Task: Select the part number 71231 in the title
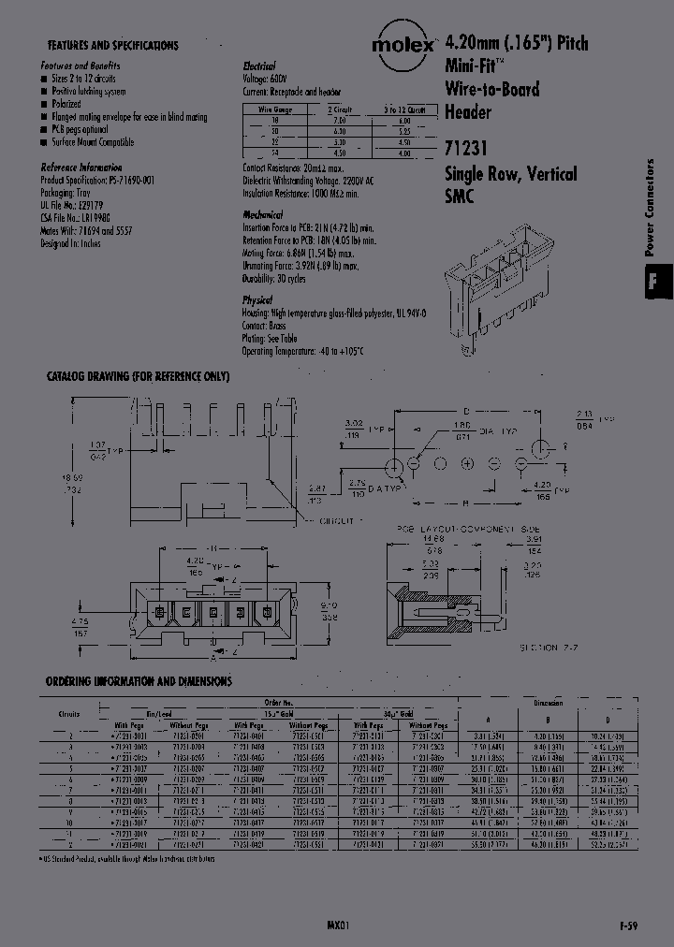(465, 148)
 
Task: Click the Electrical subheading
(259, 67)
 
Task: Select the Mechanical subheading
(263, 215)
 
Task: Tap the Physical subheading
(257, 300)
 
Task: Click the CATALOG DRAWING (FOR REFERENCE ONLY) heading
(138, 376)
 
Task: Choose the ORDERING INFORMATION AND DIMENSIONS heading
(139, 681)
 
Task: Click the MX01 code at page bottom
(338, 925)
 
